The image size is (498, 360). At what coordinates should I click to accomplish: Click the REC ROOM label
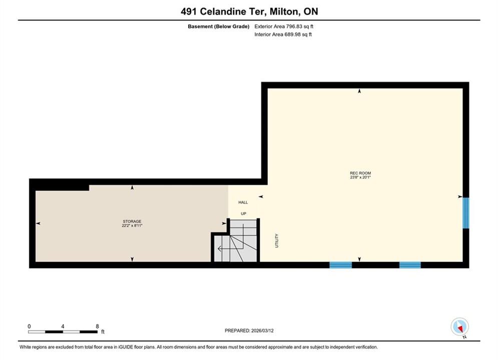pos(360,173)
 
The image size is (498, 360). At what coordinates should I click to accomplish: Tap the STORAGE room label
pos(132,221)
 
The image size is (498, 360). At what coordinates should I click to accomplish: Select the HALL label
pos(243,202)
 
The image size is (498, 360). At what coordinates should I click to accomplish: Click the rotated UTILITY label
pos(277,240)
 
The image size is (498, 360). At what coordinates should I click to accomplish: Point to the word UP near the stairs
pos(243,213)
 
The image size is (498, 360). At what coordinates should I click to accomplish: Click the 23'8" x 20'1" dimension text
pos(360,177)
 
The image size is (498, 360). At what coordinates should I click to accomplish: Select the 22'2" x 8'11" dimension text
pos(132,225)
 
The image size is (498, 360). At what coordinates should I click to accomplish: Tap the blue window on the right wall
pos(465,213)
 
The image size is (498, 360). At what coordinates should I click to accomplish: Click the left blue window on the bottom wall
pos(340,265)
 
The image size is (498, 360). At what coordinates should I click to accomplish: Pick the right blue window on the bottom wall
pos(410,265)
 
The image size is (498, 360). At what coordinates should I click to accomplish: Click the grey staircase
pos(235,241)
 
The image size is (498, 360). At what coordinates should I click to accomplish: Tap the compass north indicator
pos(459,326)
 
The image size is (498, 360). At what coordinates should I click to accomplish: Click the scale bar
pos(63,332)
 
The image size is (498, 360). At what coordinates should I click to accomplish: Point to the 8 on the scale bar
pos(97,326)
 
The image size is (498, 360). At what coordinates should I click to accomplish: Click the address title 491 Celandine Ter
pos(222,11)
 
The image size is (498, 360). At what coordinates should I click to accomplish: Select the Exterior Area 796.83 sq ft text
pos(284,26)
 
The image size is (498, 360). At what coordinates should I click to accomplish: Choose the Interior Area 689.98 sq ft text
pos(283,34)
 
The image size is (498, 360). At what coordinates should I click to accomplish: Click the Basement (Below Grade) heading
pos(219,26)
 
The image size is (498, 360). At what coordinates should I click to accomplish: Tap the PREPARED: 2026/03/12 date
pos(249,330)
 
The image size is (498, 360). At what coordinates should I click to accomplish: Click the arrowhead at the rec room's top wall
pos(359,91)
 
